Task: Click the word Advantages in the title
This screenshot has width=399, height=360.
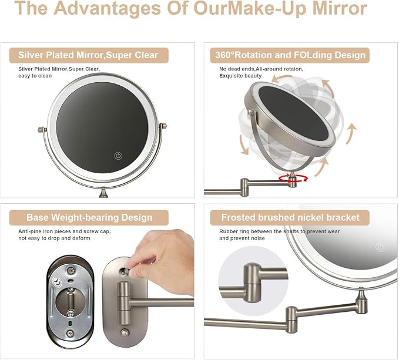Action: pyautogui.click(x=107, y=8)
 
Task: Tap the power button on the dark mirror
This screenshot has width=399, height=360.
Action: pyautogui.click(x=118, y=156)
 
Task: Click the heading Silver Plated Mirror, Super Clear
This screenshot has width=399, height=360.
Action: pyautogui.click(x=88, y=55)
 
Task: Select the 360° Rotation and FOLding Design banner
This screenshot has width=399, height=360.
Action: pyautogui.click(x=290, y=55)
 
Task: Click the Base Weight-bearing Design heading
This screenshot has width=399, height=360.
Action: pyautogui.click(x=89, y=218)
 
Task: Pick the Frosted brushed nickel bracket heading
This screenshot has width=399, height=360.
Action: pyautogui.click(x=290, y=218)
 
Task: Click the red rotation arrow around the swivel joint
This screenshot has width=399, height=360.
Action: pyautogui.click(x=293, y=179)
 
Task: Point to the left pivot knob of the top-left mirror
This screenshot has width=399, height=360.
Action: pyautogui.click(x=42, y=130)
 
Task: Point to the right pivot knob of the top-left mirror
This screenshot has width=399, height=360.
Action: pyautogui.click(x=163, y=126)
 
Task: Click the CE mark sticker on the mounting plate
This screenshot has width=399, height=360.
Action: pyautogui.click(x=57, y=281)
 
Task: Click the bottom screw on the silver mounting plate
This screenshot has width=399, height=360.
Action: pyautogui.click(x=71, y=333)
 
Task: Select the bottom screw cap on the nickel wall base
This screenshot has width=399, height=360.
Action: pyautogui.click(x=124, y=332)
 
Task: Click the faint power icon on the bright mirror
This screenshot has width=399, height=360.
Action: pyautogui.click(x=380, y=247)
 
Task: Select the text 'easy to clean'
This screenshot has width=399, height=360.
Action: pyautogui.click(x=35, y=76)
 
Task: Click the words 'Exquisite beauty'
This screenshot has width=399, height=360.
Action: pyautogui.click(x=240, y=76)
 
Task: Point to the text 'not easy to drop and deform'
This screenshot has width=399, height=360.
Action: pyautogui.click(x=54, y=238)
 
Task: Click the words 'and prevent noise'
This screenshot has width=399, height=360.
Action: pyautogui.click(x=242, y=238)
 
